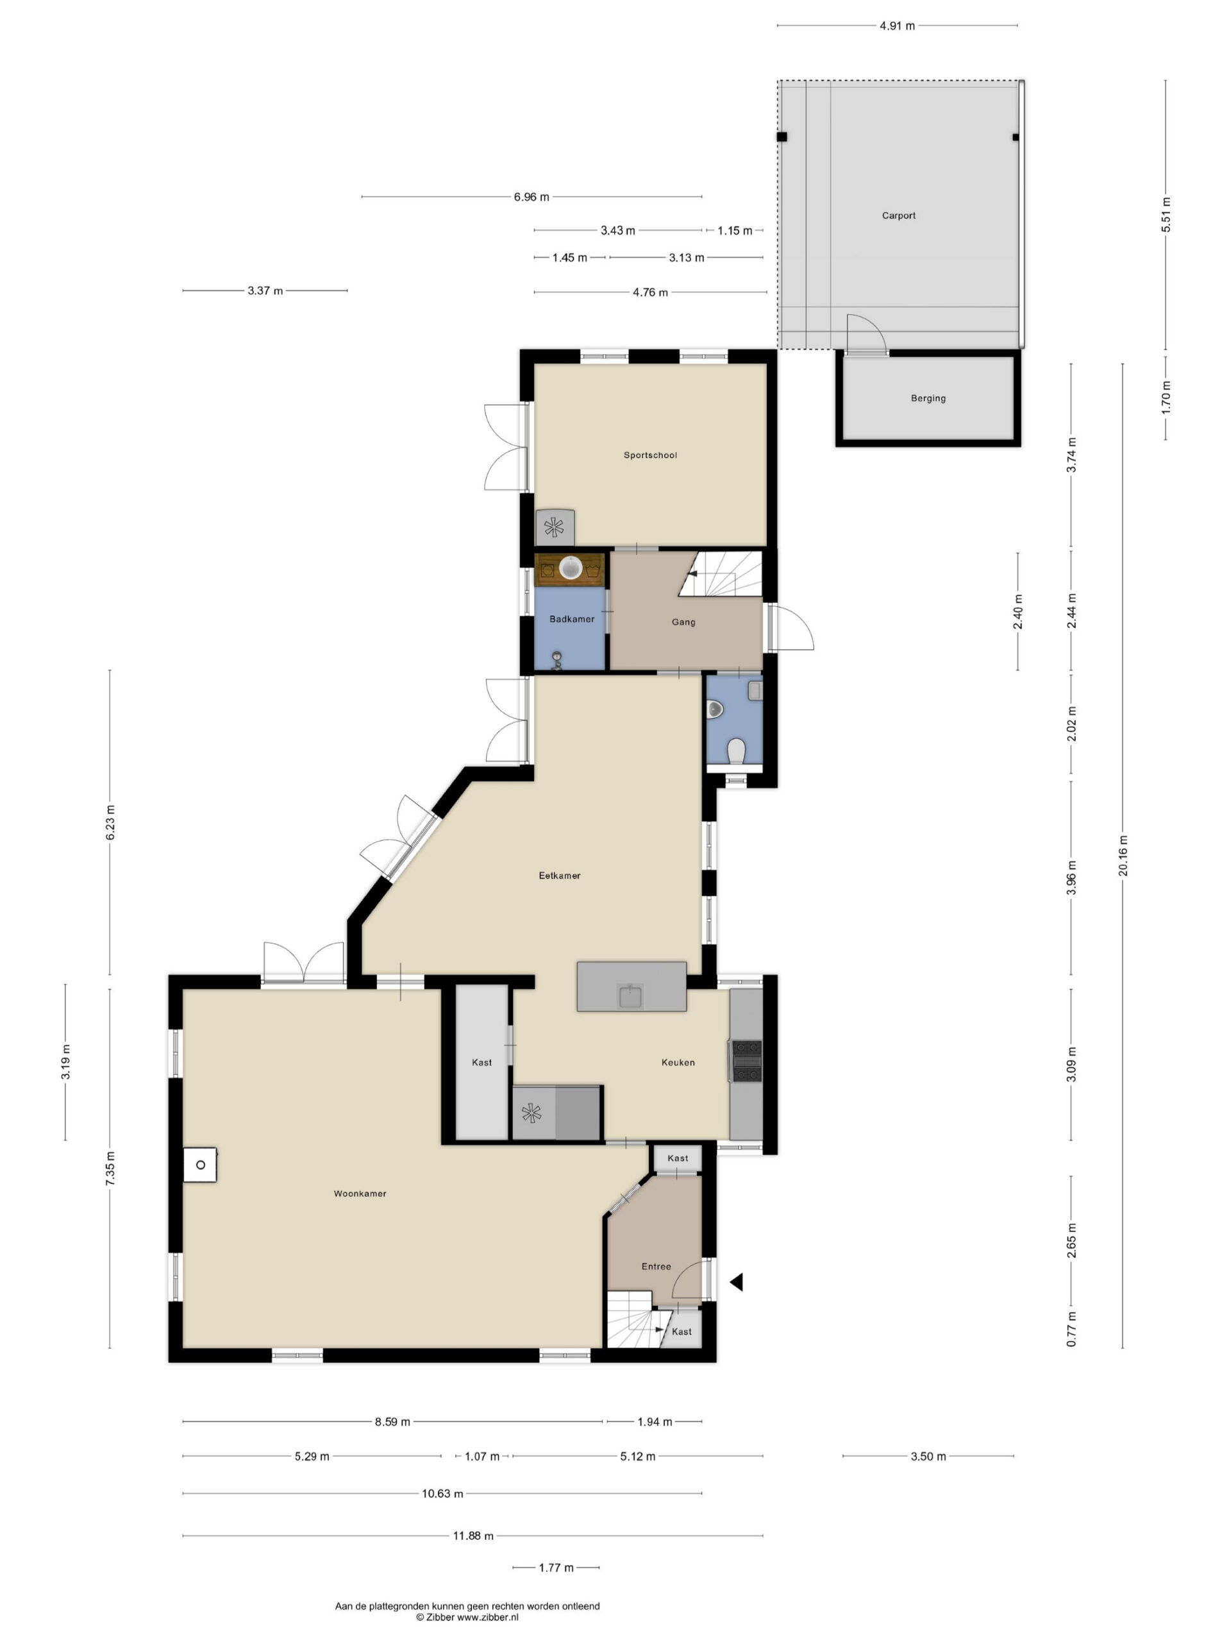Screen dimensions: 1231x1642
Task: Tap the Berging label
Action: (928, 398)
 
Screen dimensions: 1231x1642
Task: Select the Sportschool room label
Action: (649, 455)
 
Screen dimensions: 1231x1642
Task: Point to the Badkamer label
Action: (571, 618)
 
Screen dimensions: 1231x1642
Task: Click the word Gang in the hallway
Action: (683, 622)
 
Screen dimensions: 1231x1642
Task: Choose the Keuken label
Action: (678, 1062)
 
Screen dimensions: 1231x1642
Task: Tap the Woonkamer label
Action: (359, 1194)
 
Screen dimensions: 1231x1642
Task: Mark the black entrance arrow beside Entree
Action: (735, 1282)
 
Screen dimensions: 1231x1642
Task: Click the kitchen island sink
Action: (630, 996)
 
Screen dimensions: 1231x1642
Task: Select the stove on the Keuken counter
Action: (746, 1061)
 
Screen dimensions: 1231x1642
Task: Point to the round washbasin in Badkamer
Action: (570, 568)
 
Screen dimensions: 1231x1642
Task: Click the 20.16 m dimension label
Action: (1122, 855)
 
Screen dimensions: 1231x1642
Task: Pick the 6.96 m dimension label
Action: (532, 197)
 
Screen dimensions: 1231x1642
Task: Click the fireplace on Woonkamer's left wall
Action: (200, 1165)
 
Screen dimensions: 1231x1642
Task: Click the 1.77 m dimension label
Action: (556, 1568)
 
